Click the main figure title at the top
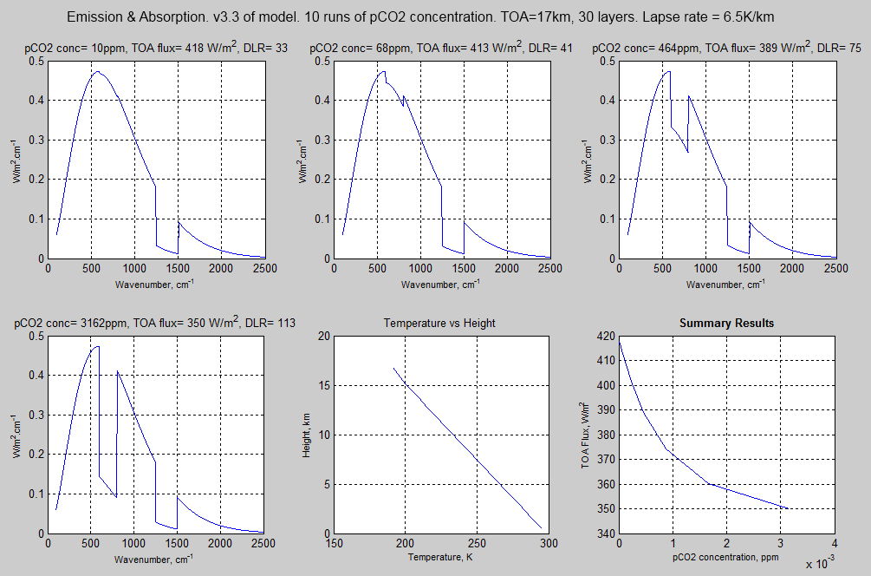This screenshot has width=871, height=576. [434, 17]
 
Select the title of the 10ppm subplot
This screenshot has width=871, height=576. [155, 49]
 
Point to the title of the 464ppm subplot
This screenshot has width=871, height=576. [725, 49]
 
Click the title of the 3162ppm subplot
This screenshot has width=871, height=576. [155, 324]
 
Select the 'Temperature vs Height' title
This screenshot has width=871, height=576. [440, 324]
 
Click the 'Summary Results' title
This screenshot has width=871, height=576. [726, 324]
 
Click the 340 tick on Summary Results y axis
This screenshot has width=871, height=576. [605, 533]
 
